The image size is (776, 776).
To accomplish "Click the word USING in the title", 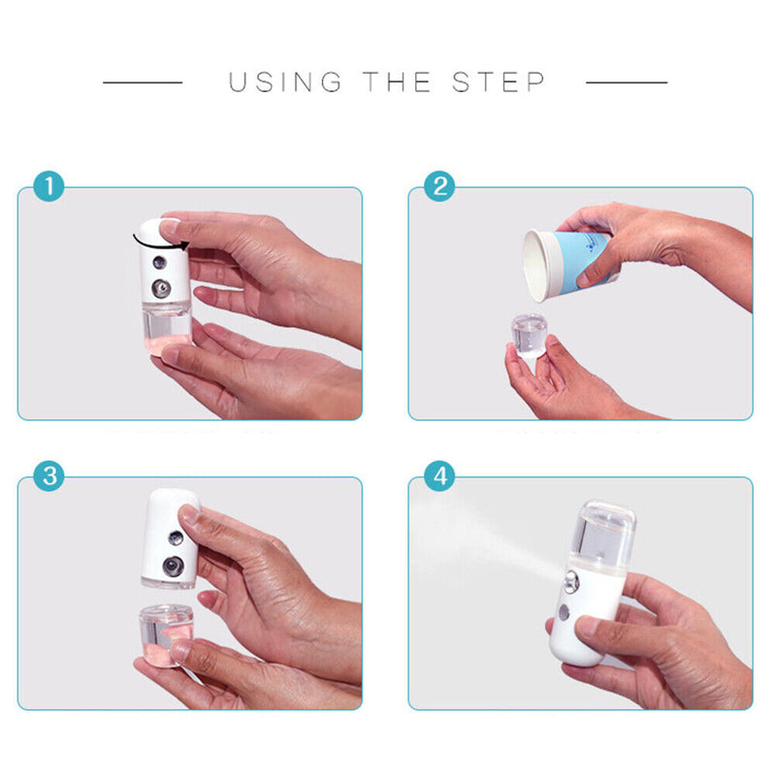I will pyautogui.click(x=285, y=82).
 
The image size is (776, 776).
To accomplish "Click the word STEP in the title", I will pyautogui.click(x=501, y=82).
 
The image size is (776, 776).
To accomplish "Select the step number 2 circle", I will pyautogui.click(x=438, y=186).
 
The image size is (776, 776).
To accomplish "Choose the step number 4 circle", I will pyautogui.click(x=438, y=476).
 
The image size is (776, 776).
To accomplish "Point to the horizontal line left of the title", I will pyautogui.click(x=143, y=82).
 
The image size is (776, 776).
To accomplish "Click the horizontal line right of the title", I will pyautogui.click(x=627, y=82).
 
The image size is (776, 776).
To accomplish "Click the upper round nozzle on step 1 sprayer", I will pyautogui.click(x=156, y=262).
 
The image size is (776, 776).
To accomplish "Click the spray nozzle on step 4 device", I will pyautogui.click(x=566, y=585).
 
